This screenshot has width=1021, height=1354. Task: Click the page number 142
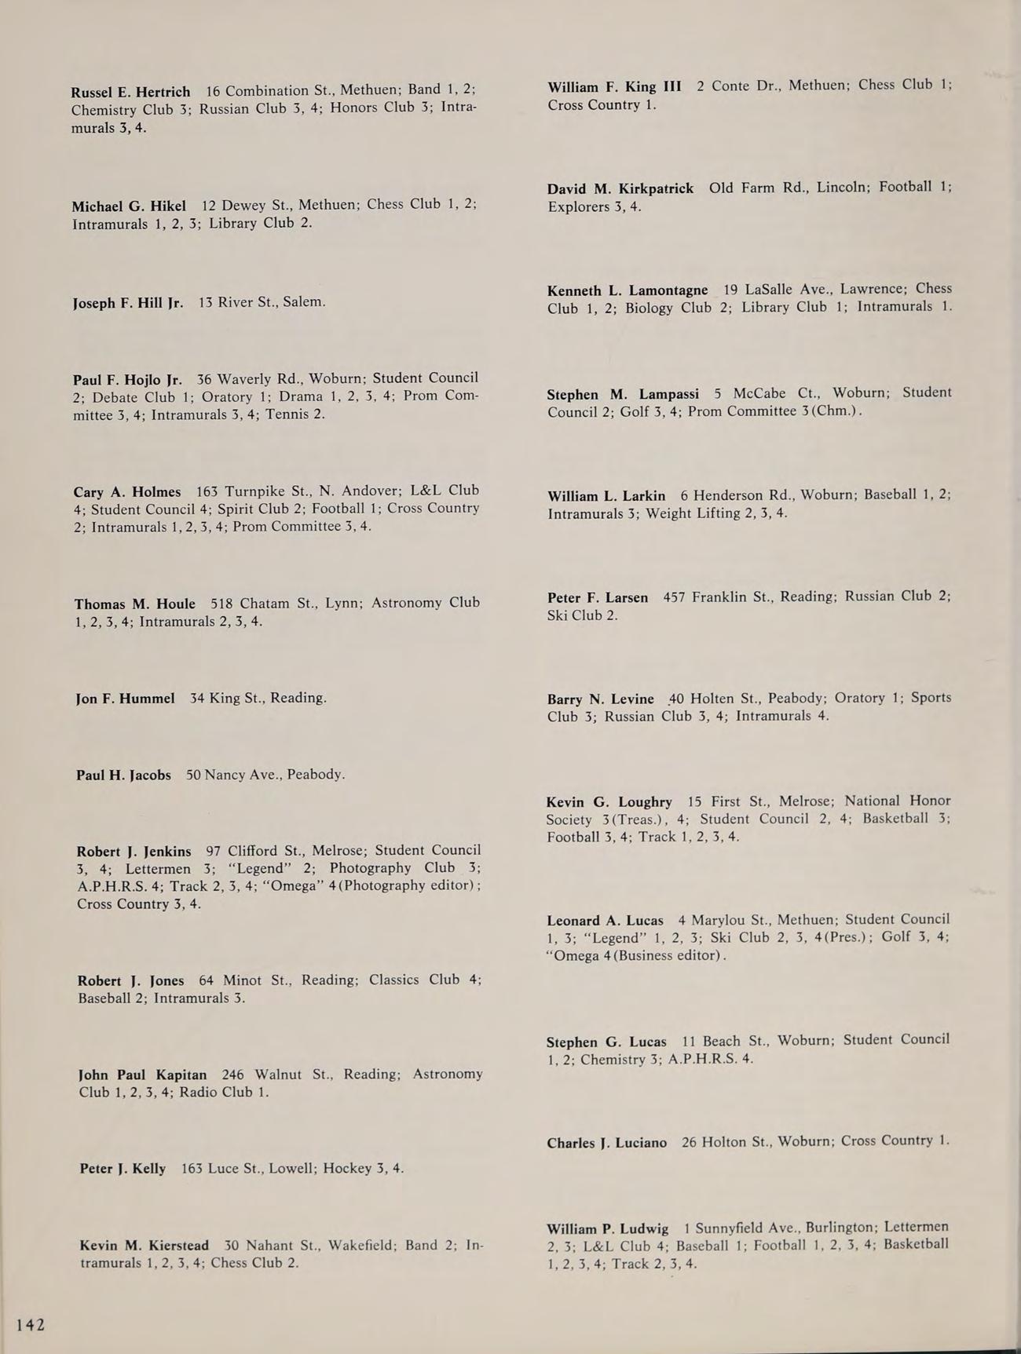pos(31,1325)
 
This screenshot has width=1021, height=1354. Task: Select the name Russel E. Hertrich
pos(130,92)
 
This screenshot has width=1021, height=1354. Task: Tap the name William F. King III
pos(614,86)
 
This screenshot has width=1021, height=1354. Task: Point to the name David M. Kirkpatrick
pos(620,188)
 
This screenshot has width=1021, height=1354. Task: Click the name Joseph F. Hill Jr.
pos(128,303)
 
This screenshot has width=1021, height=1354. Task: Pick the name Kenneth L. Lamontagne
pos(628,290)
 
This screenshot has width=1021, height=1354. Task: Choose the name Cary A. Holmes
pos(127,492)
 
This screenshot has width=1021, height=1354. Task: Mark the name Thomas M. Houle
pos(135,604)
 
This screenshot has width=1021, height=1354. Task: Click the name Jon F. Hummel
pos(126,698)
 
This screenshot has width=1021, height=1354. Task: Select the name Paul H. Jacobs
pos(123,775)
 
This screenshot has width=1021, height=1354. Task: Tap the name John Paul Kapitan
pos(143,1075)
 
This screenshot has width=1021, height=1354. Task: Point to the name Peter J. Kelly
pos(123,1169)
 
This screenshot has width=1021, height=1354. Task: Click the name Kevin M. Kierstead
pos(145,1246)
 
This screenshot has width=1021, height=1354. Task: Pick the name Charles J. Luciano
pos(606,1143)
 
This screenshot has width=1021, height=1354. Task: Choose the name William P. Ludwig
pos(608,1228)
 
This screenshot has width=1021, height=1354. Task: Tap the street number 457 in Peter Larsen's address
pos(674,597)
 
